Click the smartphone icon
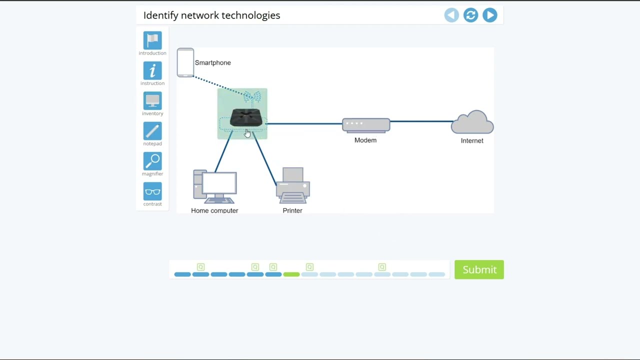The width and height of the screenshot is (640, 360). click(185, 62)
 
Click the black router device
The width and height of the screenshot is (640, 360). click(246, 118)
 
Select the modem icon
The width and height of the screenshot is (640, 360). click(366, 125)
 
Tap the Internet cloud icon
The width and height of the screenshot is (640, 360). click(472, 123)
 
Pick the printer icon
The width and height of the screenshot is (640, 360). click(293, 185)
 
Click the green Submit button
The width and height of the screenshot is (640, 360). click(479, 269)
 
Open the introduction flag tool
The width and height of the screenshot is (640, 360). click(152, 40)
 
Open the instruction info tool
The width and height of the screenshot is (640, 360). click(152, 71)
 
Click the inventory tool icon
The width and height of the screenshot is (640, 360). click(152, 101)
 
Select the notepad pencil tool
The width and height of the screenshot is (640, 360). click(152, 131)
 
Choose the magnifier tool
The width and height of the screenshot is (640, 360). click(152, 161)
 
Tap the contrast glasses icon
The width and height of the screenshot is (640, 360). click(152, 191)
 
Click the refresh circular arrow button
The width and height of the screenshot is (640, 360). click(470, 15)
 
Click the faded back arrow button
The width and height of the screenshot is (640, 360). click(451, 15)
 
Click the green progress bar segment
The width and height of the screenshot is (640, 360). click(291, 274)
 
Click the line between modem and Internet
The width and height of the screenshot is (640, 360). click(420, 121)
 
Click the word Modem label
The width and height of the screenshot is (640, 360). click(365, 140)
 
